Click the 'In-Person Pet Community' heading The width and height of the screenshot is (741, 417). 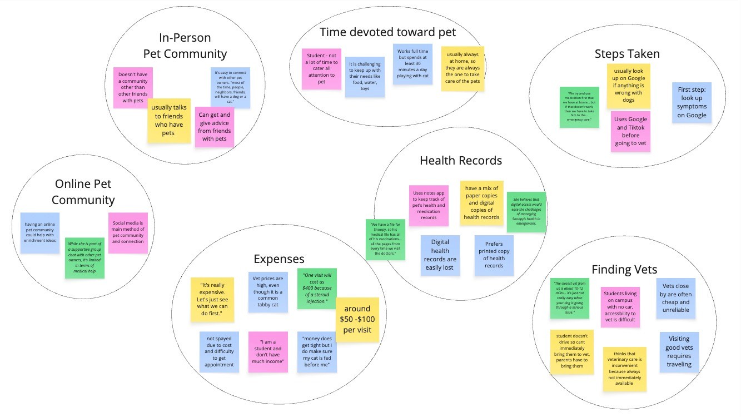pyautogui.click(x=185, y=46)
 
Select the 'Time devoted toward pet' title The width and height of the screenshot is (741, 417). pyautogui.click(x=387, y=32)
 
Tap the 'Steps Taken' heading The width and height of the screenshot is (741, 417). pyautogui.click(x=626, y=54)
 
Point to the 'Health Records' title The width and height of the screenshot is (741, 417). pyautogui.click(x=461, y=161)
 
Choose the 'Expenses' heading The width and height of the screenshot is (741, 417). pyautogui.click(x=279, y=259)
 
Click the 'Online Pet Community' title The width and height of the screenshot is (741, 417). pyautogui.click(x=84, y=192)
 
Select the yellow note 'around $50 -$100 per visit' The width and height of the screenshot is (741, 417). pyautogui.click(x=357, y=320)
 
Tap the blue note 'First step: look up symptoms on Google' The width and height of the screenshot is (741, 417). pyautogui.click(x=692, y=102)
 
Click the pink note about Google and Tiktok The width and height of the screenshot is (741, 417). pyautogui.click(x=630, y=131)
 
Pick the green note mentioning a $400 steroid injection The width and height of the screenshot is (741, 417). pyautogui.click(x=316, y=289)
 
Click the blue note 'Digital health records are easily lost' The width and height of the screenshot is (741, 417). pyautogui.click(x=440, y=255)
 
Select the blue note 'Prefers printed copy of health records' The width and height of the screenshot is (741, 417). pyautogui.click(x=494, y=255)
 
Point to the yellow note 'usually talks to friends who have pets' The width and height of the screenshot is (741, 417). pyautogui.click(x=168, y=121)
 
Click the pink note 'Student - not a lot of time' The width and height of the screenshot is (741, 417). pyautogui.click(x=321, y=69)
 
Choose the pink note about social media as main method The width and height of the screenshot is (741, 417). pyautogui.click(x=128, y=232)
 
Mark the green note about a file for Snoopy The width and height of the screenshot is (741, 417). pyautogui.click(x=385, y=239)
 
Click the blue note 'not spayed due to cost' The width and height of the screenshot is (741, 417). pyautogui.click(x=219, y=351)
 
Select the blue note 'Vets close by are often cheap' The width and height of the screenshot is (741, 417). pyautogui.click(x=676, y=298)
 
